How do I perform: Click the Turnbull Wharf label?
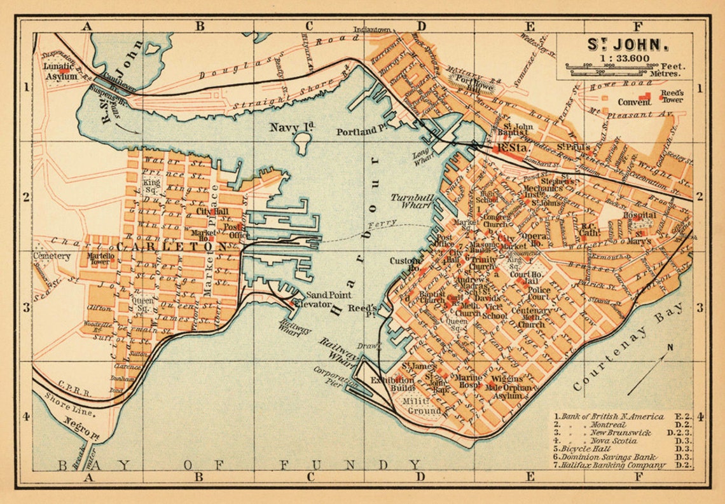point(412,201)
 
